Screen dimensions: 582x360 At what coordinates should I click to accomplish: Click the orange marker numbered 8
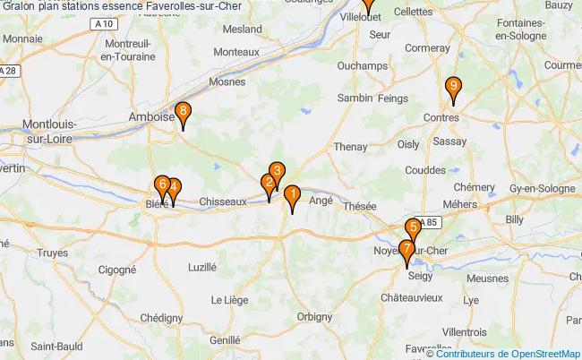(183, 113)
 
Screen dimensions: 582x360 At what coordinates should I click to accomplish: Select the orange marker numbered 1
(292, 193)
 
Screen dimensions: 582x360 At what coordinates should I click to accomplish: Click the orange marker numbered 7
(407, 250)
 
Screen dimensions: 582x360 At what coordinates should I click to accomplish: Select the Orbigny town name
(313, 315)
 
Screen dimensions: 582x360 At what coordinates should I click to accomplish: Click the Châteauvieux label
(413, 296)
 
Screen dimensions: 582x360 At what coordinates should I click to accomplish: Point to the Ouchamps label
(362, 66)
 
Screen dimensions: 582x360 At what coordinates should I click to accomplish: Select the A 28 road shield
(9, 71)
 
